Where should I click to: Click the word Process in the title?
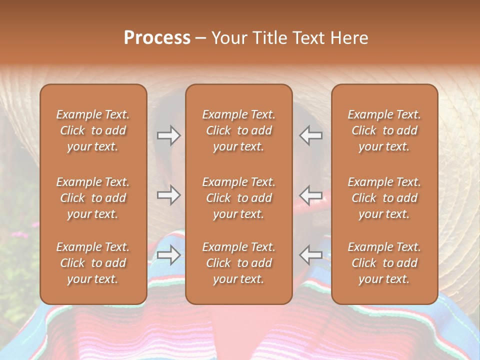coord(157,38)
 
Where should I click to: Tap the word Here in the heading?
coord(348,38)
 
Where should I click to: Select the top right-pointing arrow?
coord(168,135)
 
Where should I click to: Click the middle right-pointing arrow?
coord(168,194)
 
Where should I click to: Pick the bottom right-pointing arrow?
coord(168,255)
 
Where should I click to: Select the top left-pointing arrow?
coord(310,135)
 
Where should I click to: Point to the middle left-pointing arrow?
coord(310,194)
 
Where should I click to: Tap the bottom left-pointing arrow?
coord(310,255)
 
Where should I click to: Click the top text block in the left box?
coord(93,130)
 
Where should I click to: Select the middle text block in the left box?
coord(93,198)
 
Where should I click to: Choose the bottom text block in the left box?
coord(93,263)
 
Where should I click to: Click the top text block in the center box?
coord(238,130)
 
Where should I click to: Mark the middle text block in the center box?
coord(238,198)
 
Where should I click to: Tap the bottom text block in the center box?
coord(238,263)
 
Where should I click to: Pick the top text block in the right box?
coord(384,130)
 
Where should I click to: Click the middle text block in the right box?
coord(384,198)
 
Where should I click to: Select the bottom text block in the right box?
coord(384,263)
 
